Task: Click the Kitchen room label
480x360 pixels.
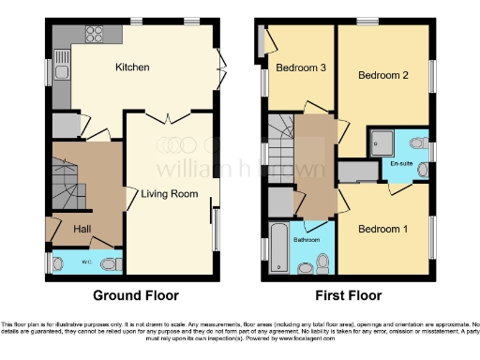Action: (132, 67)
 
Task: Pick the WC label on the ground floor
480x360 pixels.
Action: (84, 262)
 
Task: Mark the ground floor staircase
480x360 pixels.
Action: (67, 187)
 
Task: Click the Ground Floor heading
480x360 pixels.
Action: (135, 294)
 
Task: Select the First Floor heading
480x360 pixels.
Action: (349, 294)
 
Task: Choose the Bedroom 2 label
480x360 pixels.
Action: (384, 77)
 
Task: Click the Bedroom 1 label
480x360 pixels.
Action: (381, 228)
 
